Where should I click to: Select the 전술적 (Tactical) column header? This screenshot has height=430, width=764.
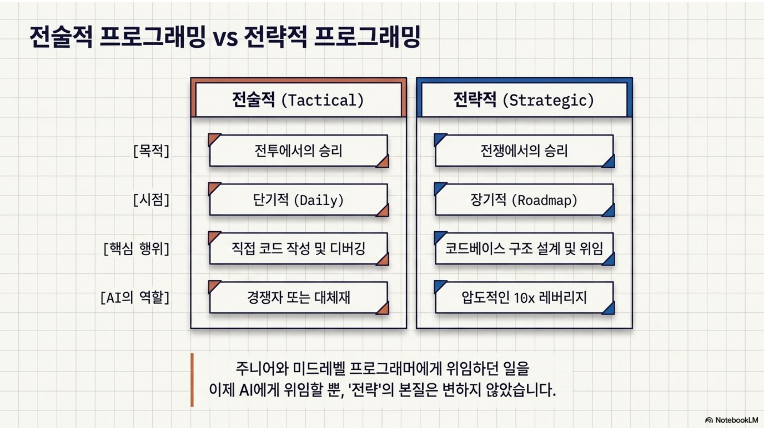tap(298, 100)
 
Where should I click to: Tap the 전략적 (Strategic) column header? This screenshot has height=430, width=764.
tap(524, 100)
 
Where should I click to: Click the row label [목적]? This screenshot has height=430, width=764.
tap(151, 151)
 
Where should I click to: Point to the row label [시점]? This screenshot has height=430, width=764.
tap(151, 200)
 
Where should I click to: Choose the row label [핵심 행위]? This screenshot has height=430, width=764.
tap(136, 249)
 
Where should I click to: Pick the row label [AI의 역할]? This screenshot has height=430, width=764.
tap(135, 297)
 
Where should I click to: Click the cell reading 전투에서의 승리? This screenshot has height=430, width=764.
tap(298, 151)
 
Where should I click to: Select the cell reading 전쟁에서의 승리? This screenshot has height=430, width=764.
tap(524, 151)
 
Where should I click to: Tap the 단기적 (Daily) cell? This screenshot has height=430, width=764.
tap(298, 200)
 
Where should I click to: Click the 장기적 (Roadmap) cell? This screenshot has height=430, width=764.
tap(524, 200)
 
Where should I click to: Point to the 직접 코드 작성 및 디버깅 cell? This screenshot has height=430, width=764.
tap(298, 249)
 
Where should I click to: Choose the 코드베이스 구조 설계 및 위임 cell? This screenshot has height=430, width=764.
tap(524, 249)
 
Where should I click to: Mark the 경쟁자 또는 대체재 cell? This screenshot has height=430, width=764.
tap(298, 297)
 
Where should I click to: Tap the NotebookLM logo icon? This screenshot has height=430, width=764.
tap(709, 420)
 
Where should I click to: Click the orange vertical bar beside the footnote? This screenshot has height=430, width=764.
tap(192, 380)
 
